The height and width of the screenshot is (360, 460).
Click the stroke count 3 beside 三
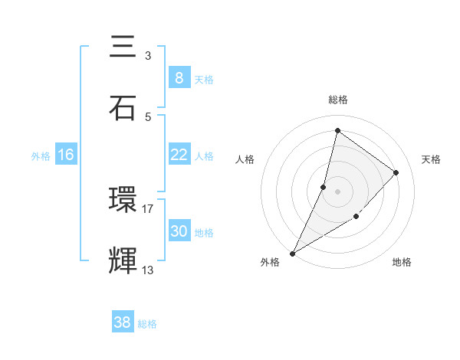click(147, 56)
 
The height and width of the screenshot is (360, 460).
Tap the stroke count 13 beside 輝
click(148, 270)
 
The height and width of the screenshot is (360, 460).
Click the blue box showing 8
click(179, 77)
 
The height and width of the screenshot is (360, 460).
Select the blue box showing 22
click(179, 155)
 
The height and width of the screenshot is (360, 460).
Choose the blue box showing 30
click(179, 231)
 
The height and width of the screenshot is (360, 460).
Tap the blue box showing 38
click(122, 322)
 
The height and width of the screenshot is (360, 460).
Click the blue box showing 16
click(66, 155)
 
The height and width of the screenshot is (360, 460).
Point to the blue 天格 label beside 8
click(203, 79)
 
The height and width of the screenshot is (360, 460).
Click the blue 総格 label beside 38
click(147, 324)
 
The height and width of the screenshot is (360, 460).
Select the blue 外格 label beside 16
click(41, 156)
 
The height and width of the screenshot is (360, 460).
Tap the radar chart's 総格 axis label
click(337, 100)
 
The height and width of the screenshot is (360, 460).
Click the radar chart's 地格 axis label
click(402, 262)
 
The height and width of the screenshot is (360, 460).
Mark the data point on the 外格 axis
click(292, 253)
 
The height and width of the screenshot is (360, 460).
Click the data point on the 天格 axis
click(396, 172)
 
